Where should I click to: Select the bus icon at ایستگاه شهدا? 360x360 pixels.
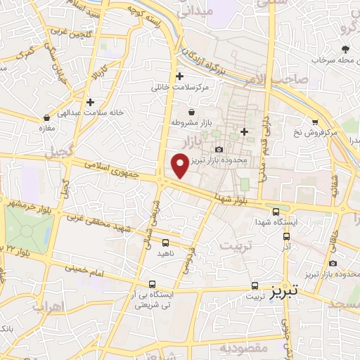[x=275, y=211]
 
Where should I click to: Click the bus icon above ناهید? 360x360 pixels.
[x=165, y=243]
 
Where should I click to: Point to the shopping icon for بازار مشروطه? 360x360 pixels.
[x=191, y=112]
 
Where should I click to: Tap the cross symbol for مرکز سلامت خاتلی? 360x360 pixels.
[x=179, y=77]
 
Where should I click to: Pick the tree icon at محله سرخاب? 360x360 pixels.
[x=345, y=49]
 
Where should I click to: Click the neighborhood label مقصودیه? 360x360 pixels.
[x=242, y=348]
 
